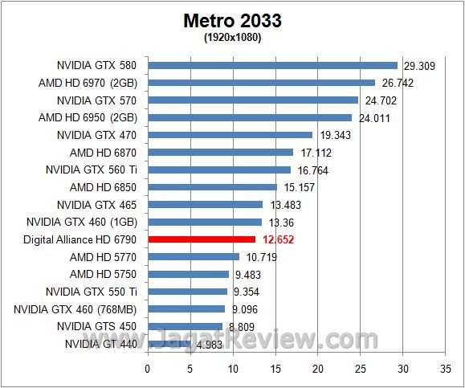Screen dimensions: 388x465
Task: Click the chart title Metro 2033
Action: tap(232, 20)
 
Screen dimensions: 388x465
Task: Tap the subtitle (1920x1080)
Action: tap(232, 37)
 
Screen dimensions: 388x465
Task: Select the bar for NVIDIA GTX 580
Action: tap(272, 65)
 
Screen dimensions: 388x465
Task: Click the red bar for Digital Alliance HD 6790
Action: tap(202, 239)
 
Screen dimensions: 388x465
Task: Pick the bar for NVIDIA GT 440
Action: tap(169, 344)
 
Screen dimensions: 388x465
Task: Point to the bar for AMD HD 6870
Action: tap(220, 152)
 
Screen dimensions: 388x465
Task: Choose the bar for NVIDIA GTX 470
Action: tap(230, 135)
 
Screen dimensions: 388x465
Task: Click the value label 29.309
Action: tap(418, 66)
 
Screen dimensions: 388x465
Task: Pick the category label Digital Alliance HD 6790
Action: tap(83, 239)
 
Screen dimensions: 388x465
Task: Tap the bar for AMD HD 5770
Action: tap(194, 257)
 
